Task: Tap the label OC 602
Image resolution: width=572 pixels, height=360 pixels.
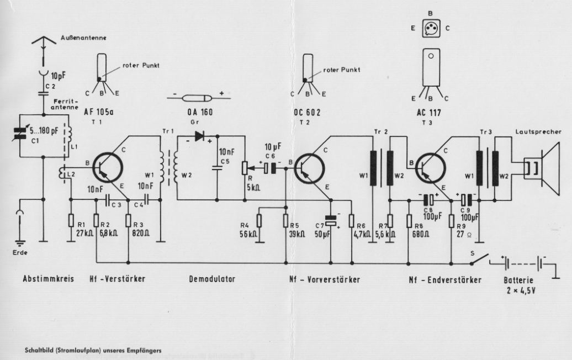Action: tap(308, 113)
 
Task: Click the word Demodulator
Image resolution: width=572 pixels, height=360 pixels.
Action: tap(211, 280)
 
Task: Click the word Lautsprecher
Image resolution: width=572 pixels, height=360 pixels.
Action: tap(538, 132)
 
